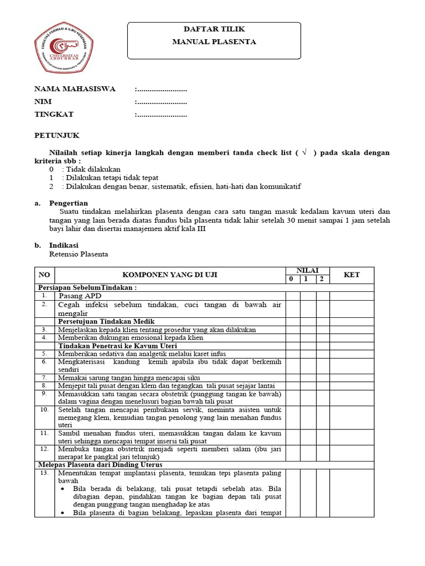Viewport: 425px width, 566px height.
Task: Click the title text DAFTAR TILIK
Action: click(214, 29)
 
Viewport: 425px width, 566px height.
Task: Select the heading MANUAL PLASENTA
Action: click(214, 41)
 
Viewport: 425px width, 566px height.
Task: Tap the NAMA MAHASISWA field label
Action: click(75, 89)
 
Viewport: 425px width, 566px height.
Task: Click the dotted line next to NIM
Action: click(161, 102)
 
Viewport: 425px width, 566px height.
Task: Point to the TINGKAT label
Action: click(54, 114)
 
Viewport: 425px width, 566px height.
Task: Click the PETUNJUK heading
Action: click(57, 135)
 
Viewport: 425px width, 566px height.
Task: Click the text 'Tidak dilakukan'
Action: click(93, 169)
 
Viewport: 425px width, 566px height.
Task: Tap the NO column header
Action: click(44, 275)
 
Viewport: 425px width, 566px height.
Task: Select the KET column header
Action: click(351, 275)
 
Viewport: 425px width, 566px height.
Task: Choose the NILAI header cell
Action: click(307, 270)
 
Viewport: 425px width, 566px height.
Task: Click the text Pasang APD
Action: click(81, 296)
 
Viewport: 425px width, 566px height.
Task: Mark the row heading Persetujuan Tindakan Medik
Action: click(106, 321)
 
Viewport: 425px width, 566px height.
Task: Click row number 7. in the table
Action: click(44, 377)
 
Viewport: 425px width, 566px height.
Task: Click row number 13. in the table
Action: click(44, 473)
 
